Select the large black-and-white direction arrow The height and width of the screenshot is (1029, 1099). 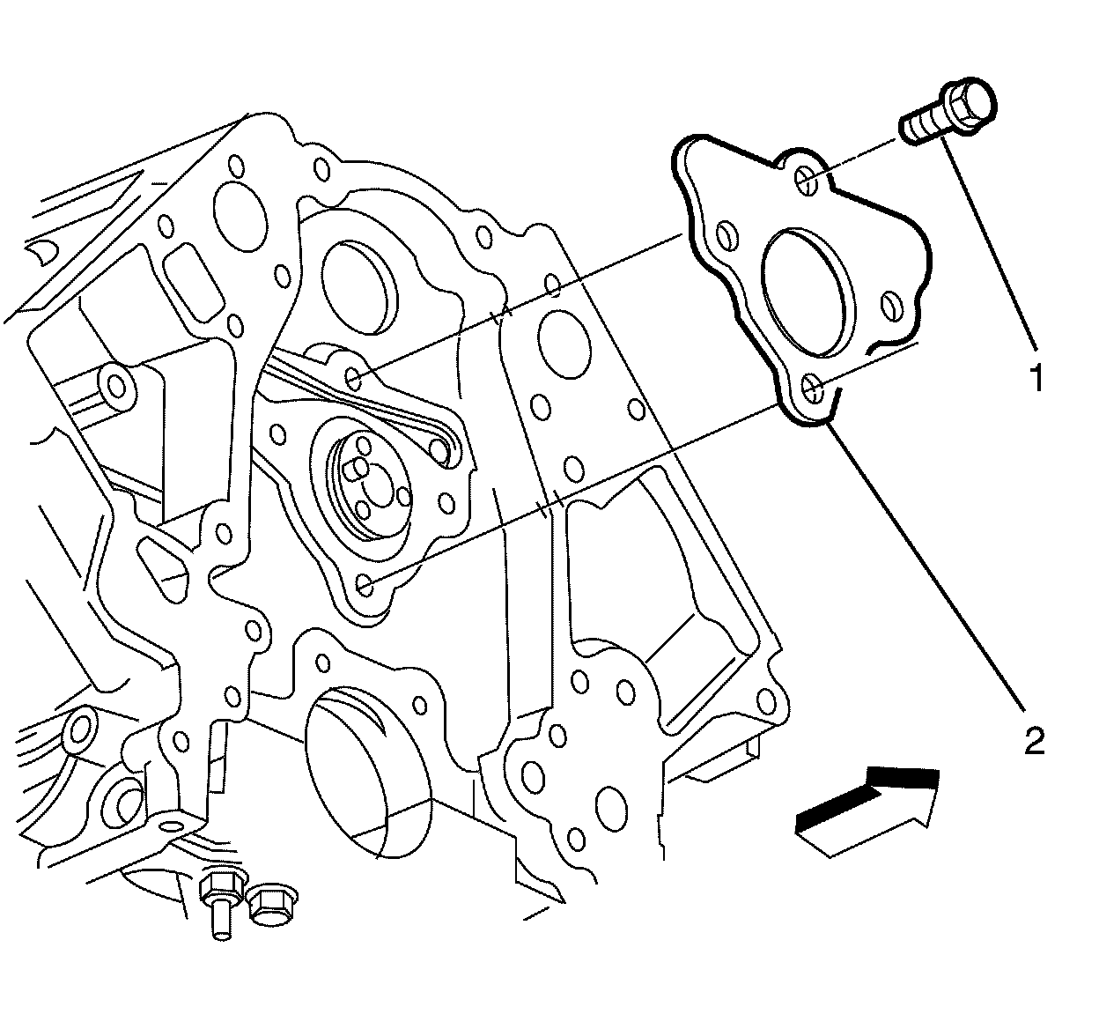coord(868,810)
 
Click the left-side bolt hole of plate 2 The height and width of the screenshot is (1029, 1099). coord(727,234)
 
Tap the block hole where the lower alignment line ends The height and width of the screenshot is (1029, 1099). coord(365,584)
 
